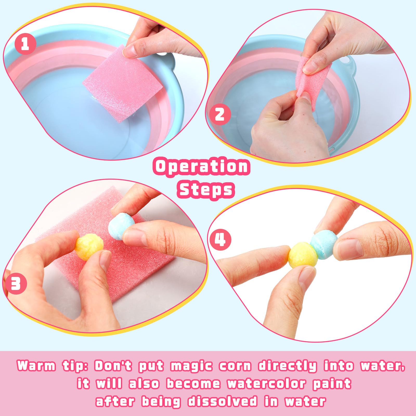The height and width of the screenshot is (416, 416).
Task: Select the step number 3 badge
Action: point(16,283)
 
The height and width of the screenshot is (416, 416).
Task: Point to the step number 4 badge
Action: point(220,239)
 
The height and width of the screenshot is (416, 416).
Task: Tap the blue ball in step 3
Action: point(121,226)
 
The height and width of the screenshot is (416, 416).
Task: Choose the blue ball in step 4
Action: point(324,243)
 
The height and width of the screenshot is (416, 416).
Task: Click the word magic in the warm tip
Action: point(191,366)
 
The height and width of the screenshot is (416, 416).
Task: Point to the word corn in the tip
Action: point(235,366)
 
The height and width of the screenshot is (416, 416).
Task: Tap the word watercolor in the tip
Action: point(267,384)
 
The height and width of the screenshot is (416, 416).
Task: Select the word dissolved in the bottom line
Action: point(223,401)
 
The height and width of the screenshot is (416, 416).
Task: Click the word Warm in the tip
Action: point(36,366)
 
